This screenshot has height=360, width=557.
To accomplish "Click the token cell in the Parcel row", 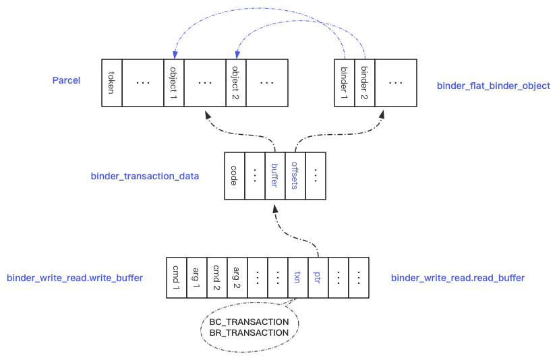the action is tap(112, 83).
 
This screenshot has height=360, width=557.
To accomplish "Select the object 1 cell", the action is tap(174, 83).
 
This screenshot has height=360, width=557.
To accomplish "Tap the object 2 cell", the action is tap(236, 83).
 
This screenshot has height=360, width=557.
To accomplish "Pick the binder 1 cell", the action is tap(345, 83).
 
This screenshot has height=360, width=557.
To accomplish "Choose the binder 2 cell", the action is tap(365, 83).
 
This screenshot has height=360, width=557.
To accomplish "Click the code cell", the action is tap(235, 176).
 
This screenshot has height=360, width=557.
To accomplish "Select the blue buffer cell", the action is tap(275, 176).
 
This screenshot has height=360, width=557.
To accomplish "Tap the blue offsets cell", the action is tap(295, 176).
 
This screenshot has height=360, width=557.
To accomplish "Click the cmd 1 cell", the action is tap(177, 278).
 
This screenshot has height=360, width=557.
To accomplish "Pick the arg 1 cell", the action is tap(197, 278).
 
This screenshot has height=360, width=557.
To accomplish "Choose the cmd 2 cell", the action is tap(217, 278).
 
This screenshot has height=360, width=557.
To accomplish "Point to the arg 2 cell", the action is tap(237, 278).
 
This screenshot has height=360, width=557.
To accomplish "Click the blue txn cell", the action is tap(298, 278).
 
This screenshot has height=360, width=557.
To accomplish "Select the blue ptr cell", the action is tap(318, 278).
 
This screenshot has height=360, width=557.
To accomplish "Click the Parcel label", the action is tap(67, 80).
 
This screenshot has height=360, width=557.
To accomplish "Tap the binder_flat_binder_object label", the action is tap(494, 86).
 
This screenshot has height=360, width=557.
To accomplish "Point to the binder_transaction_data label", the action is tap(145, 176).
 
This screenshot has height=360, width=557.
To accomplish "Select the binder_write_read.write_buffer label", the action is tap(75, 278).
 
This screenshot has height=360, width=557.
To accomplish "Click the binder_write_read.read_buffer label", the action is tap(458, 278).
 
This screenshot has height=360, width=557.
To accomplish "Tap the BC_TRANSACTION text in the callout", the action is tap(249, 322).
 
